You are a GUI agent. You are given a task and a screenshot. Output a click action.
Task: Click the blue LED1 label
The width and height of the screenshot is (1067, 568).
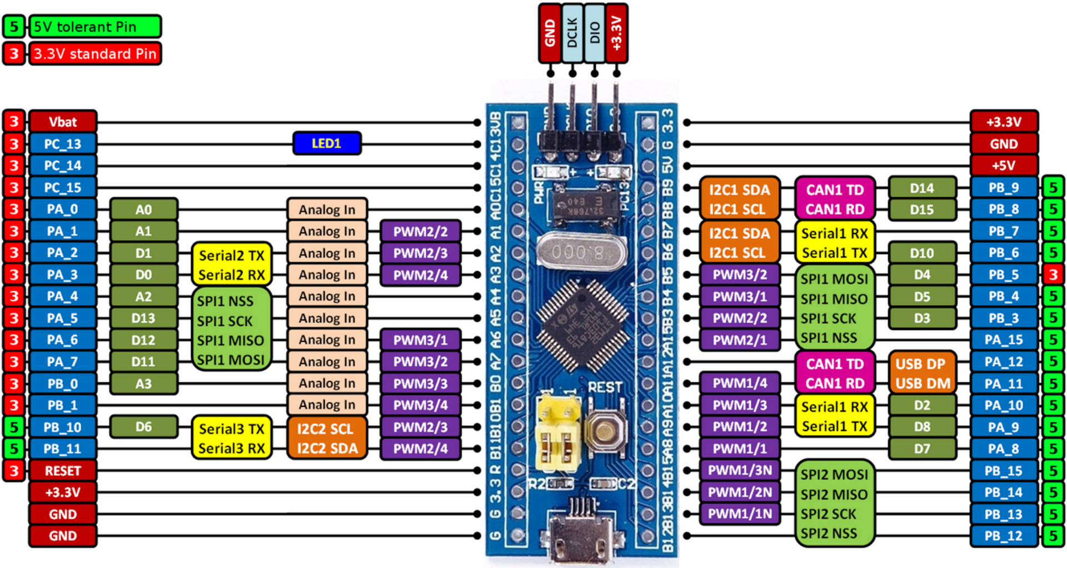(x=327, y=143)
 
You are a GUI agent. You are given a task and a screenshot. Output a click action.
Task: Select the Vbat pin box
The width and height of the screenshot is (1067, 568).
(x=63, y=122)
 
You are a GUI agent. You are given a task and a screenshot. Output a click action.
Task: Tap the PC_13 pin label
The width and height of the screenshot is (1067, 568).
(x=63, y=144)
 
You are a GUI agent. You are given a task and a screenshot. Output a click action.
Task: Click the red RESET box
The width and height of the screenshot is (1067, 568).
(x=63, y=471)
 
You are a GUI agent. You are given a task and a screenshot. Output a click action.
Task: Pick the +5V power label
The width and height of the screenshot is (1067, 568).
(x=1004, y=166)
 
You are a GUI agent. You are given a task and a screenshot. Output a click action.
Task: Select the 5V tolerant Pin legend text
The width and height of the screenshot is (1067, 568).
(x=94, y=27)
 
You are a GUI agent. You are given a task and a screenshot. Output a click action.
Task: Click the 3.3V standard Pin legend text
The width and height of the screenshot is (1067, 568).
(x=94, y=54)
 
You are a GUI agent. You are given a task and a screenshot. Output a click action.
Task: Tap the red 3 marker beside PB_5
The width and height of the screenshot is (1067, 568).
(x=1053, y=275)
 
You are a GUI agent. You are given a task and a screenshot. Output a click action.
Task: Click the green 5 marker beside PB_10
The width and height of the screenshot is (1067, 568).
(x=14, y=427)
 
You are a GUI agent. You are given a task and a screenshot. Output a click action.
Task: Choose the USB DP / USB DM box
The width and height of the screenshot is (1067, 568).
(x=923, y=373)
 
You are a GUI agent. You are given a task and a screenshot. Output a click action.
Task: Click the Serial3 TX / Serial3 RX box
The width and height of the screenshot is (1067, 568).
(x=232, y=438)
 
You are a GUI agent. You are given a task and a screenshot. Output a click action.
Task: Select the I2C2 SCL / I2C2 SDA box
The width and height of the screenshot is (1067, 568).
(x=327, y=438)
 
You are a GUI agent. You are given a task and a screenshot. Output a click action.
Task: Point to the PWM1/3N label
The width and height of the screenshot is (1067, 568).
(x=740, y=471)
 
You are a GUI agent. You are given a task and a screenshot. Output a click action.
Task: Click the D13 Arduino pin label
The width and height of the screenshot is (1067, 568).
(x=143, y=318)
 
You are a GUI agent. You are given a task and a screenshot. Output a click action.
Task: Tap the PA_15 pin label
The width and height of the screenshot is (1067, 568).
(x=1004, y=340)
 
